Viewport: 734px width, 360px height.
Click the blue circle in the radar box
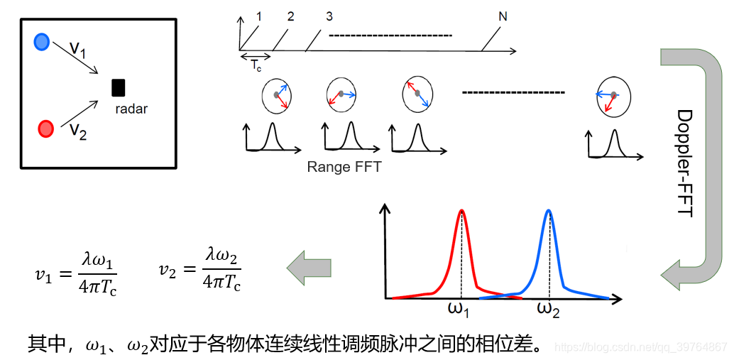coord(42,42)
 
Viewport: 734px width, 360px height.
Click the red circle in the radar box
coord(45,129)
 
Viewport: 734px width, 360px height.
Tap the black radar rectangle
coord(119,87)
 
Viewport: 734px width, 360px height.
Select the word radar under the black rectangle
coord(132,109)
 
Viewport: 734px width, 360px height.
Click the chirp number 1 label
coord(259,16)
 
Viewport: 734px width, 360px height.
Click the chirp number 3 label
coord(329,16)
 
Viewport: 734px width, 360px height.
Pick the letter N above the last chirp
coord(503,16)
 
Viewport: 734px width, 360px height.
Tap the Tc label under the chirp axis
coord(256,66)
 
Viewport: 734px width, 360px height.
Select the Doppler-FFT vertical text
coord(684,163)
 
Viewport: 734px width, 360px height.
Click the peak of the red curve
coord(462,211)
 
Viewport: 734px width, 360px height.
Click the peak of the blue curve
coord(549,211)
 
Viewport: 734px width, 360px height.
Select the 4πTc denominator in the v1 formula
coord(98,285)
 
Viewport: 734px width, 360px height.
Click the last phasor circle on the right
coord(609,95)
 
